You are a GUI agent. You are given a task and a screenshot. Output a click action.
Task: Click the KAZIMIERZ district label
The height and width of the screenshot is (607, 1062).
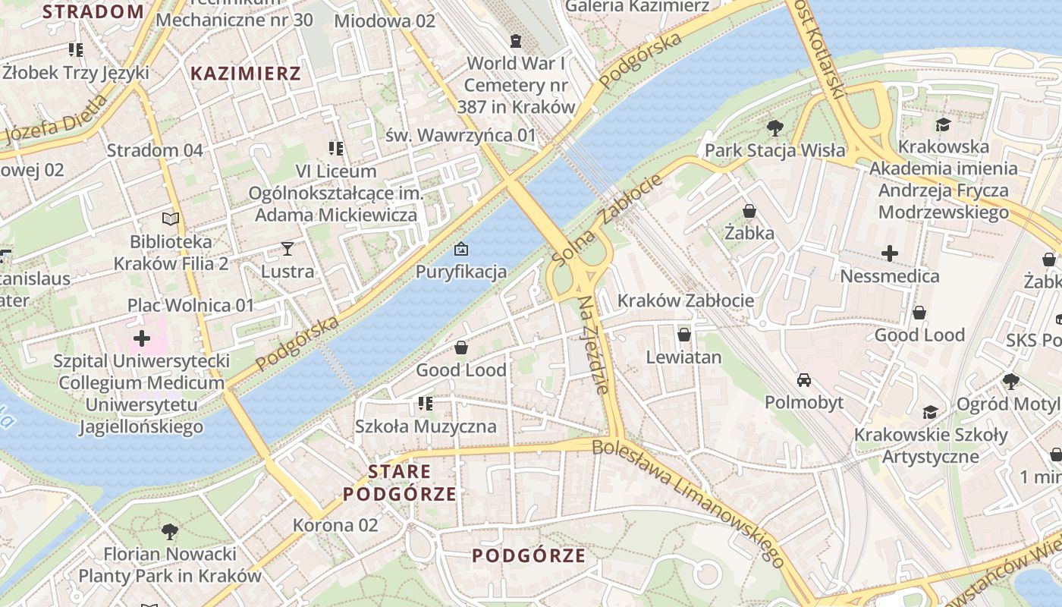tap(246, 74)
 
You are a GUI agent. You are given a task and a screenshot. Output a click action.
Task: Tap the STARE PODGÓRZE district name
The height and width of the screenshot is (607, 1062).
tap(400, 483)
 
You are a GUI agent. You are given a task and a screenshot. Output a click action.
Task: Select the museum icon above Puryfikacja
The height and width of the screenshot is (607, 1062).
tap(460, 249)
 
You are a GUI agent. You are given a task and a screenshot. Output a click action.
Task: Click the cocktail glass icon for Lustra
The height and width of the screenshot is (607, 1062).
tap(287, 248)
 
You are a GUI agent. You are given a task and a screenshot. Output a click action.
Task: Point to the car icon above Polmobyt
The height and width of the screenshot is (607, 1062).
tap(804, 379)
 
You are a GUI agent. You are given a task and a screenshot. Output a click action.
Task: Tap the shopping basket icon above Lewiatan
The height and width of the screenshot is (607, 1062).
tap(683, 334)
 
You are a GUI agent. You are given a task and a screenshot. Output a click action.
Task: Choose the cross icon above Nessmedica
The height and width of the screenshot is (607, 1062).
tap(889, 253)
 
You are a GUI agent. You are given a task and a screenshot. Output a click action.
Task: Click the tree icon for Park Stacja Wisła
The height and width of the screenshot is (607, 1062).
tap(775, 127)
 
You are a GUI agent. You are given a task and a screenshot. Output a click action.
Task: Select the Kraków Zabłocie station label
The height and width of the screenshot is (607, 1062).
tap(686, 300)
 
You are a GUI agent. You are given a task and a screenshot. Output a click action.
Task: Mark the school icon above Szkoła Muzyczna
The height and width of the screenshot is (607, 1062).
tap(426, 403)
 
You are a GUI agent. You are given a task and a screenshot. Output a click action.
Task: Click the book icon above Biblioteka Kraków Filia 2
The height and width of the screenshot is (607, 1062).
tap(171, 219)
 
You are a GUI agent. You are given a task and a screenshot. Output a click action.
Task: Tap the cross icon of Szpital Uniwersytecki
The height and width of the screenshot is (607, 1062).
tap(141, 338)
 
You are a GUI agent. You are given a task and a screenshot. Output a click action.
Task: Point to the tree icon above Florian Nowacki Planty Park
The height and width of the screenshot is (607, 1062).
tap(170, 531)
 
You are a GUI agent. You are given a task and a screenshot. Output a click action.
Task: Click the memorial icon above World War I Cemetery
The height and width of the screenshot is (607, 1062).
tap(516, 40)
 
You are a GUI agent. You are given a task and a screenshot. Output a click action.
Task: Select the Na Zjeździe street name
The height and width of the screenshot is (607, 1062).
tap(594, 344)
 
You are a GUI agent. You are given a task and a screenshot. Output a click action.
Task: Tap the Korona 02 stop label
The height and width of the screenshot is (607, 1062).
tap(335, 525)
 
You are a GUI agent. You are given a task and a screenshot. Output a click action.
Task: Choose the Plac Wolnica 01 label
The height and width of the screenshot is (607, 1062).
tap(190, 305)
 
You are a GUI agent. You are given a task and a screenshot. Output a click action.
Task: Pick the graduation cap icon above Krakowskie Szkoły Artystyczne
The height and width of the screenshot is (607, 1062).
tap(930, 412)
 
